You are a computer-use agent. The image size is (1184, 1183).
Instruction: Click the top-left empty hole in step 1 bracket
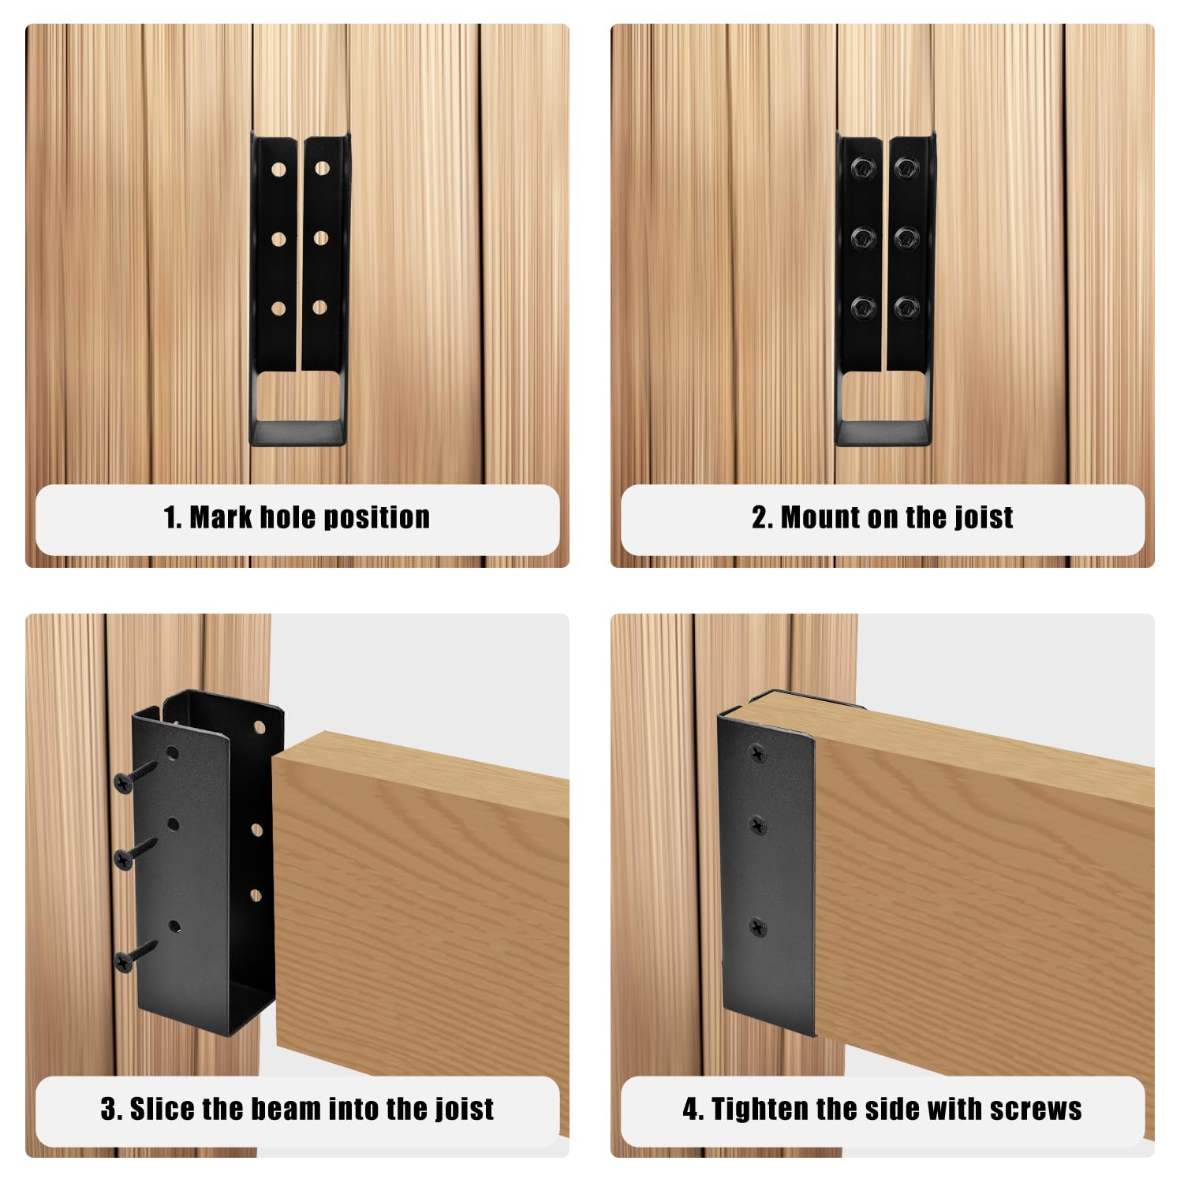[x=278, y=170]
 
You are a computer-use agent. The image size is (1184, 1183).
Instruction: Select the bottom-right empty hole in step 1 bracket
[x=319, y=308]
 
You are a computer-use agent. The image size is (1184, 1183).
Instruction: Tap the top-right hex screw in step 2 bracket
[x=906, y=167]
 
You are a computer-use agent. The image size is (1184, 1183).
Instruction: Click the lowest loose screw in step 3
[x=136, y=954]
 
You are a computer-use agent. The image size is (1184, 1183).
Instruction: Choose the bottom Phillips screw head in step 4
[x=758, y=927]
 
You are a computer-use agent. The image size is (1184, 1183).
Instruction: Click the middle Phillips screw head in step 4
[x=757, y=827]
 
